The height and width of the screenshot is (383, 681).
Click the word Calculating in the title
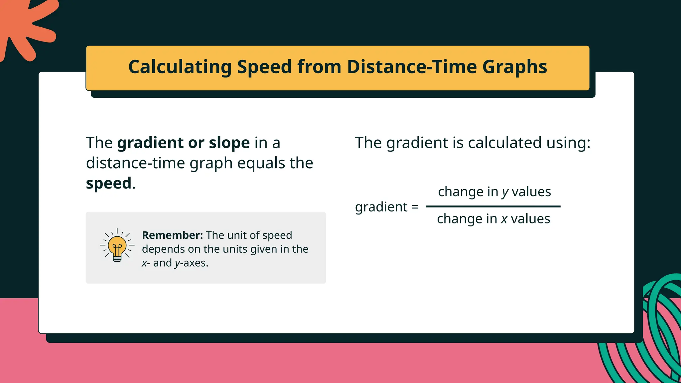tap(180, 67)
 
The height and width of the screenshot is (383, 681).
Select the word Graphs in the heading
tap(514, 67)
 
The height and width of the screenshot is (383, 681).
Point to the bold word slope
tap(229, 143)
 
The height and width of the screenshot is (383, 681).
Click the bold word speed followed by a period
tap(109, 184)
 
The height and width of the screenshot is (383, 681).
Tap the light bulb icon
tap(117, 246)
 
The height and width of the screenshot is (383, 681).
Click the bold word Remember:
tap(172, 235)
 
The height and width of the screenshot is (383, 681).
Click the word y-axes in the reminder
tap(192, 263)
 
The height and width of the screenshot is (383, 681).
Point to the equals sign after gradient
tap(415, 207)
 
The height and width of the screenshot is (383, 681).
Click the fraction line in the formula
tap(493, 206)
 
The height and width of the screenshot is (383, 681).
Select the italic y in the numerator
tap(505, 192)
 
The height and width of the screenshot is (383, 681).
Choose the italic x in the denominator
tap(504, 219)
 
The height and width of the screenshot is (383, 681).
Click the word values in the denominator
tap(530, 219)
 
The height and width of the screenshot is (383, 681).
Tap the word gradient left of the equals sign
tap(381, 207)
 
